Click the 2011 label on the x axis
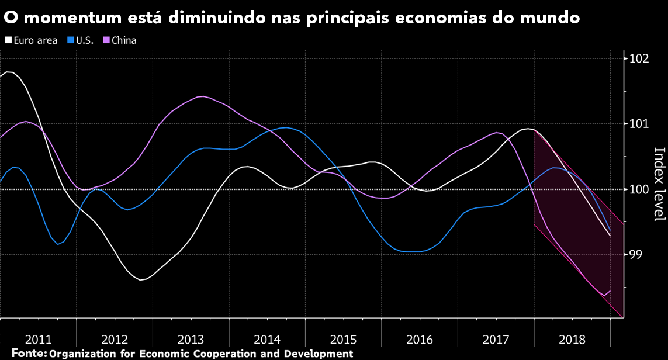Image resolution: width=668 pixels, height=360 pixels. click(x=39, y=339)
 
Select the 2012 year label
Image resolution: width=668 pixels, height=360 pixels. click(x=115, y=339)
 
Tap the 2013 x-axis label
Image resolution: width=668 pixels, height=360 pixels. click(x=191, y=339)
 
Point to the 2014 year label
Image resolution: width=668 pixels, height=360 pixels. click(x=267, y=339)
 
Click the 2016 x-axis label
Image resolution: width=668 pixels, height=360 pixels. click(x=420, y=339)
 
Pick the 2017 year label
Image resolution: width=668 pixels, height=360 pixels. click(x=496, y=339)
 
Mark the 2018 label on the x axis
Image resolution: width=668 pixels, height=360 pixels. click(x=572, y=339)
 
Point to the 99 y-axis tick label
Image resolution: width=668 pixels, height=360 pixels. click(x=636, y=255)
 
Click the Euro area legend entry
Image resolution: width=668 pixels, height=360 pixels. click(x=35, y=41)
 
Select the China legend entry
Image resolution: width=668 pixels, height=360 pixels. click(x=123, y=41)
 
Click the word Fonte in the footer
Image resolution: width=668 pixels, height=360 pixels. click(x=28, y=354)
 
